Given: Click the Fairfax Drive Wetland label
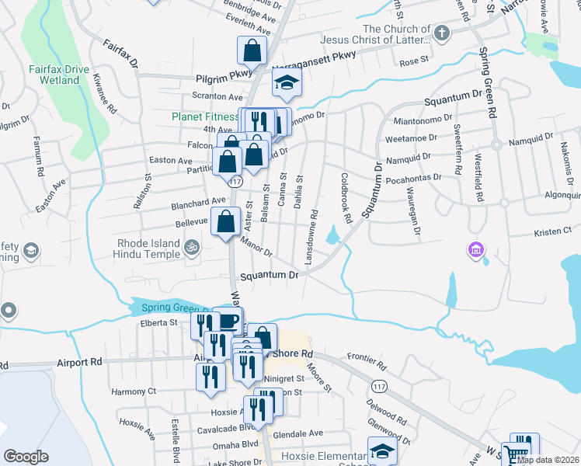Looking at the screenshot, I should pyautogui.click(x=58, y=74).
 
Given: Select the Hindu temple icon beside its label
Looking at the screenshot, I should pyautogui.click(x=192, y=248).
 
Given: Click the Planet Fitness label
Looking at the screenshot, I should pyautogui.click(x=205, y=117).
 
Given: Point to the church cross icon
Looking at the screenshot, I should pyautogui.click(x=441, y=33).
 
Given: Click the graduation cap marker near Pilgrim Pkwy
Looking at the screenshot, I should pyautogui.click(x=287, y=83).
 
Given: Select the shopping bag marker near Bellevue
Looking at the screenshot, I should pyautogui.click(x=225, y=221).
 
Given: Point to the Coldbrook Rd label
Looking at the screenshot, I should pyautogui.click(x=346, y=196).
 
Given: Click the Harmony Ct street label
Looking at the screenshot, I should pyautogui.click(x=134, y=391).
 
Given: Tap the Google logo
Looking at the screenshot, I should pyautogui.click(x=26, y=457).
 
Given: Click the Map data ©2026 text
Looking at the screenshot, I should pyautogui.click(x=548, y=460).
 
